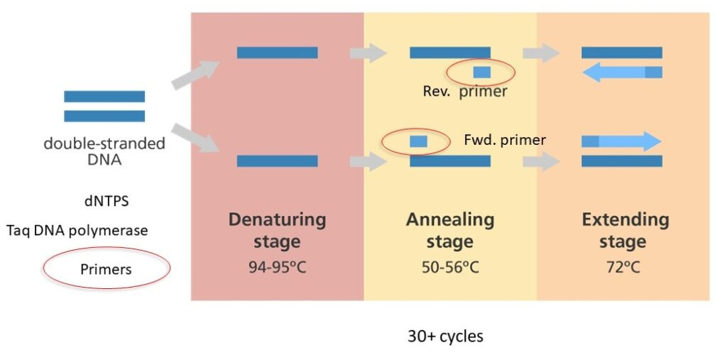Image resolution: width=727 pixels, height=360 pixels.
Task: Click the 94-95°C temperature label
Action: click(x=278, y=267)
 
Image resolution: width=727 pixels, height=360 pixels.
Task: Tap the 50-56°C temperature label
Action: click(x=450, y=267)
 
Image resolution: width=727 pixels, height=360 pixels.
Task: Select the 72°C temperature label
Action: click(x=623, y=267)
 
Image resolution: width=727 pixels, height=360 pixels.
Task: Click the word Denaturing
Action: click(x=278, y=219)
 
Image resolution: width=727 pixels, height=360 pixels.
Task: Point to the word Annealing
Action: click(x=450, y=219)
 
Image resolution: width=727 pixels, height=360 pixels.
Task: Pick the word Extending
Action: click(x=625, y=219)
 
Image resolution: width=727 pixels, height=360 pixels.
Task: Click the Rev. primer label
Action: click(x=465, y=91)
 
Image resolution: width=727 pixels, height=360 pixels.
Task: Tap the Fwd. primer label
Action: click(x=505, y=140)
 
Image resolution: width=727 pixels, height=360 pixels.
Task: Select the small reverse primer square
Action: click(x=482, y=72)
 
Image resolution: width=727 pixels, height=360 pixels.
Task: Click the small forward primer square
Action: click(x=418, y=141)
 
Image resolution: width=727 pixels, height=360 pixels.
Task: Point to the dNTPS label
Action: click(x=106, y=202)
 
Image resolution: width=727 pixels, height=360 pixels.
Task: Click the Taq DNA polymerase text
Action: click(x=77, y=230)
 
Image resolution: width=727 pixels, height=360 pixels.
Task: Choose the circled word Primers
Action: click(x=106, y=269)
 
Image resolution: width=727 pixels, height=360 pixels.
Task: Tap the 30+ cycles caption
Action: click(x=446, y=336)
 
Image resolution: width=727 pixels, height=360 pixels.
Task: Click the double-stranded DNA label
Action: click(x=104, y=151)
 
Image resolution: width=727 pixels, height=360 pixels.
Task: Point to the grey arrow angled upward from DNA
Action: click(x=195, y=75)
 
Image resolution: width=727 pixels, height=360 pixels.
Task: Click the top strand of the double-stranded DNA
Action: click(x=104, y=96)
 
